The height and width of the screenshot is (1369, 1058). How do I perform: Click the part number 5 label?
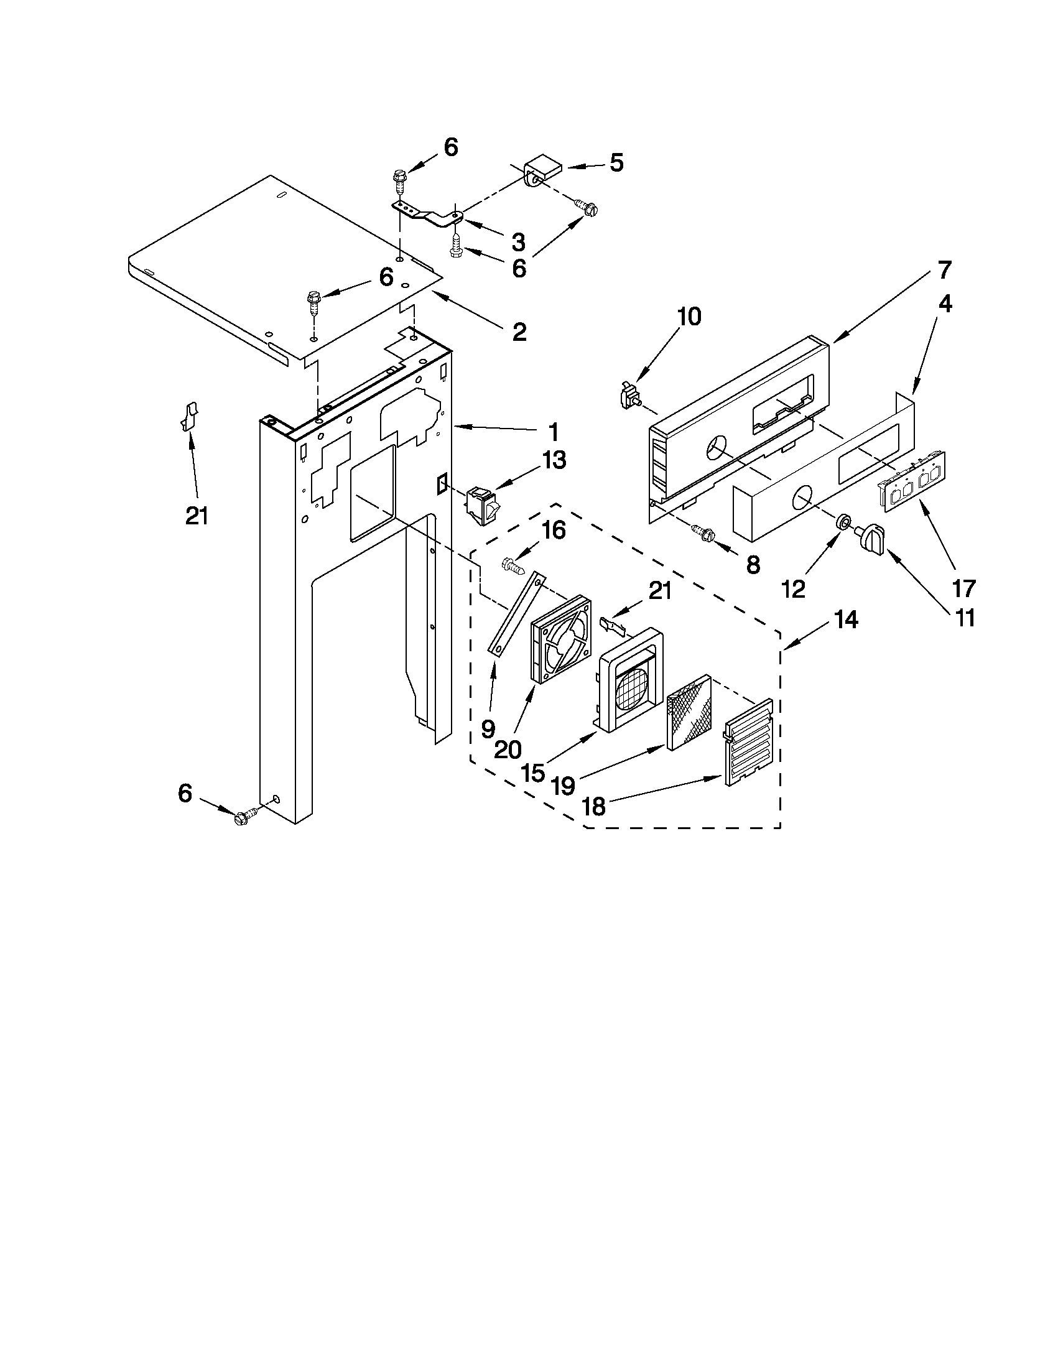[x=616, y=163]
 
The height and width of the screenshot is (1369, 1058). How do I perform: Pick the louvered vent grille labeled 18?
[x=748, y=742]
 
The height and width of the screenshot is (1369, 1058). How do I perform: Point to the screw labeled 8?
[x=704, y=534]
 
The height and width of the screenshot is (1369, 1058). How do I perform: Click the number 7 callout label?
[x=945, y=270]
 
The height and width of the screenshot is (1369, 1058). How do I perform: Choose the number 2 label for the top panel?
[x=519, y=332]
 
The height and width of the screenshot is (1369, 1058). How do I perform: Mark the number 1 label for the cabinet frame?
[x=553, y=432]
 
